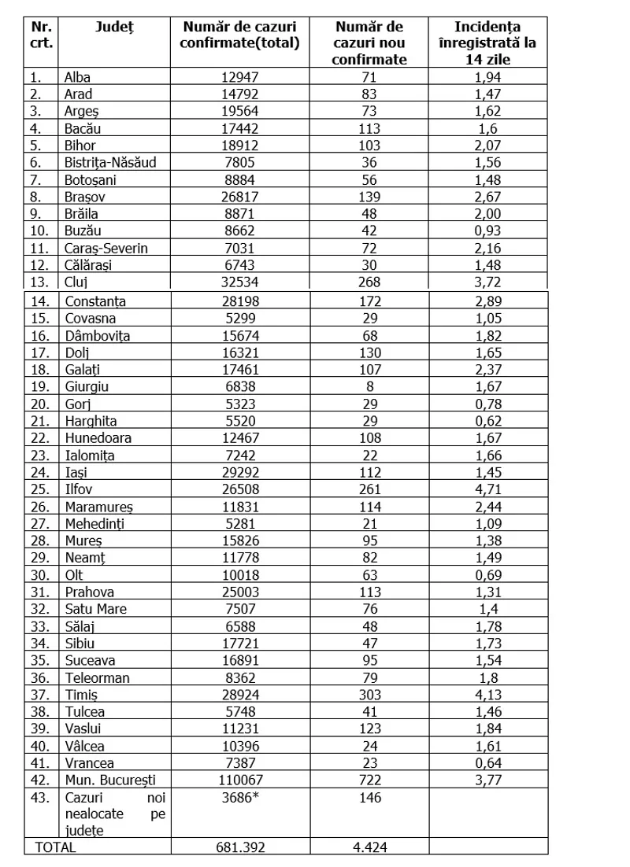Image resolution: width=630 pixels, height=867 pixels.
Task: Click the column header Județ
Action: click(115, 28)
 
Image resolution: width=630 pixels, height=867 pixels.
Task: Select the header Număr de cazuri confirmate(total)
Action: click(239, 35)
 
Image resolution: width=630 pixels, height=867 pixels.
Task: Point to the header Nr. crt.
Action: click(41, 35)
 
